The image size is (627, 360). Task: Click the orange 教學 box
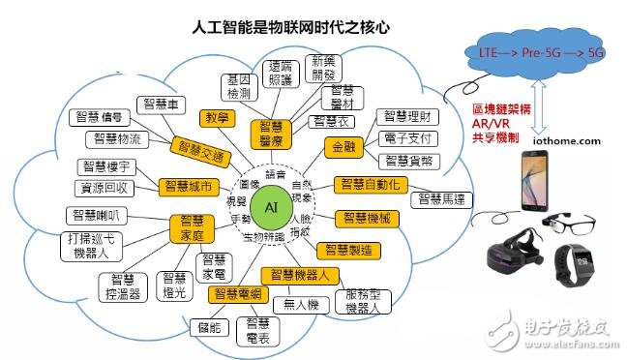point(218,118)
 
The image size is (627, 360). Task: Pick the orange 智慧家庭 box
point(191,227)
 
